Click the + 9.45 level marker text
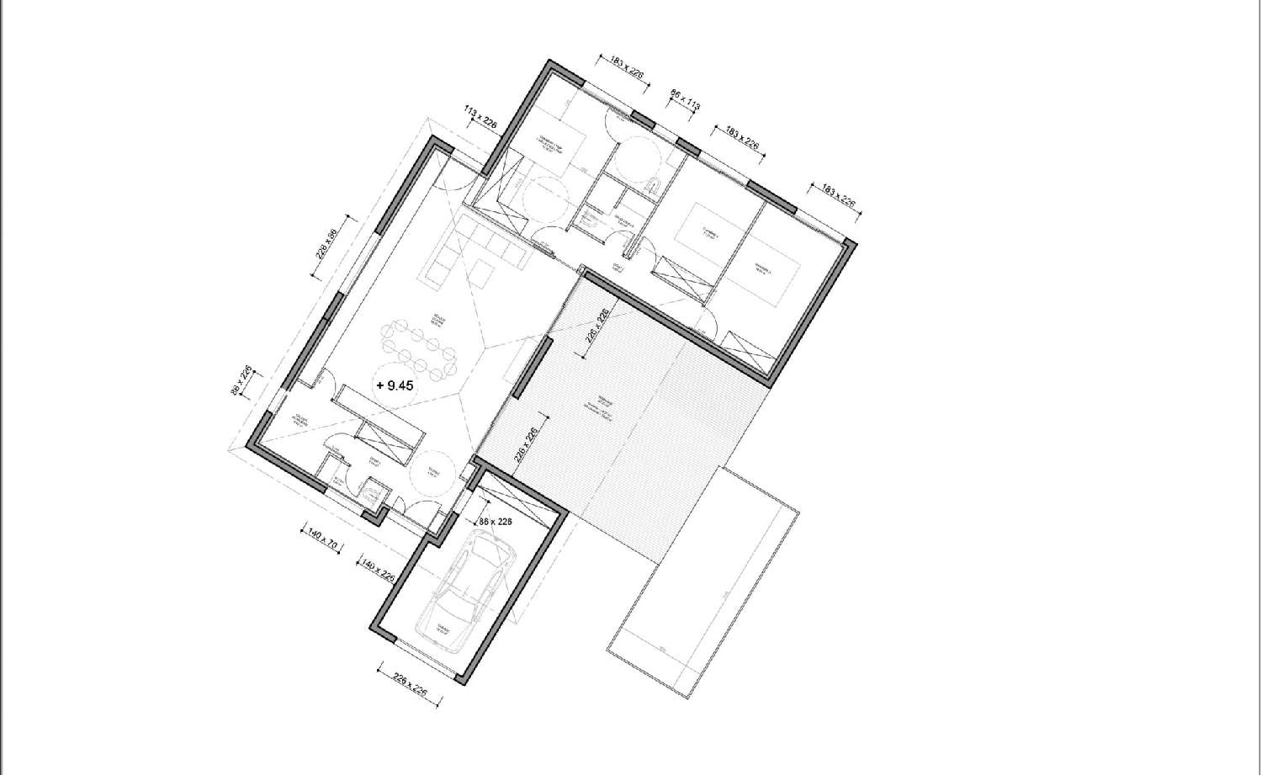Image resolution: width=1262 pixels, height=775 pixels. pos(395,386)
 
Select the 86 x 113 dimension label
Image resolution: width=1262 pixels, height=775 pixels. pos(685,101)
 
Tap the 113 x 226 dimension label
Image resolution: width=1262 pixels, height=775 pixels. pos(482,117)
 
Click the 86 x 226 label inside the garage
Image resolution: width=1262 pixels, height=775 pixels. pos(496,523)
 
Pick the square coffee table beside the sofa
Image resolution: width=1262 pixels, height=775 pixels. pos(480,274)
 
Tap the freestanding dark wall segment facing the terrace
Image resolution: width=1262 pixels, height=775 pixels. pos(532,367)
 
